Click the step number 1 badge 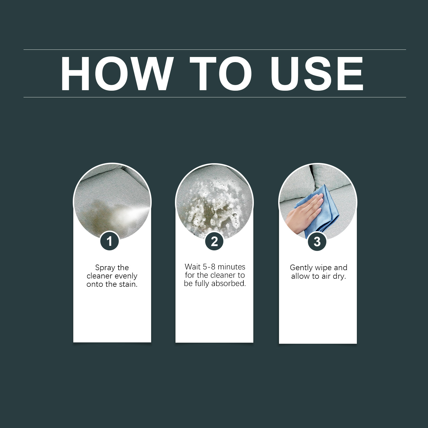coord(109,241)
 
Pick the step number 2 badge coord(214,241)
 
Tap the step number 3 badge coord(317,242)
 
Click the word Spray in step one coord(104,268)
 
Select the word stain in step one coord(128,284)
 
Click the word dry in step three coord(339,277)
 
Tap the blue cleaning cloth coord(321,211)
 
